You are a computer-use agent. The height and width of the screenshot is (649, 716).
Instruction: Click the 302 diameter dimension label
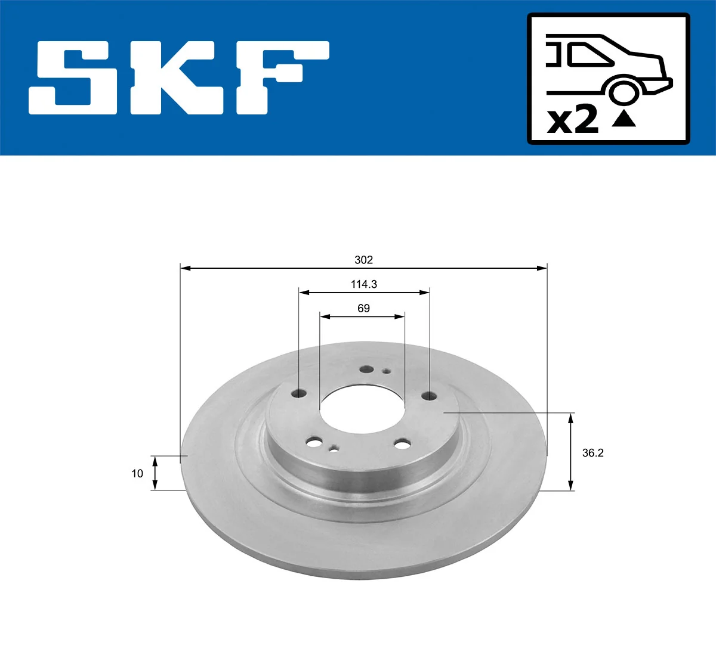363,260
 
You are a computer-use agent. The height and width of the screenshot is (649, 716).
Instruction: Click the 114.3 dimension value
363,284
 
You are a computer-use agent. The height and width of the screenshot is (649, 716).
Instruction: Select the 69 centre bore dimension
363,308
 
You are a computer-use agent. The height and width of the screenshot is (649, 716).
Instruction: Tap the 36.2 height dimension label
592,453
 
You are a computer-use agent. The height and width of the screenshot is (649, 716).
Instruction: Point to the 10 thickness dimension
137,473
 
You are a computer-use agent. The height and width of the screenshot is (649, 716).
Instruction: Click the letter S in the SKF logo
73,77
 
